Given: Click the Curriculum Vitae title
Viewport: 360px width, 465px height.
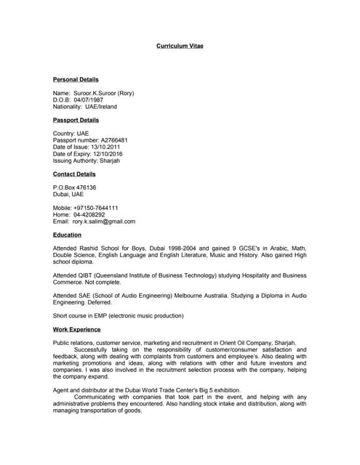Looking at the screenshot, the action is pos(180,46).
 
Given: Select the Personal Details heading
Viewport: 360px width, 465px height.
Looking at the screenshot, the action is pos(76,79).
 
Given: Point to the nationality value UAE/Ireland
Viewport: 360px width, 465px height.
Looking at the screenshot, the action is pos(101,107).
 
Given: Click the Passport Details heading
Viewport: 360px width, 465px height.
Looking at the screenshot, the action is pos(76,120).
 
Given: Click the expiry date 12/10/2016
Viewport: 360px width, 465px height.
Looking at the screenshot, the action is pos(105,154).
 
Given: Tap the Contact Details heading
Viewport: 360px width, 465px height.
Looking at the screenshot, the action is pos(74,174).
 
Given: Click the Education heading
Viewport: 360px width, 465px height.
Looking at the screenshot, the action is pos(67,235).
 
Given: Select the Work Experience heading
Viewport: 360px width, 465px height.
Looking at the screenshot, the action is pos(76,330).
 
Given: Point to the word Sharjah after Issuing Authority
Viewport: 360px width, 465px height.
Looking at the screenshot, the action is pos(110,161).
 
